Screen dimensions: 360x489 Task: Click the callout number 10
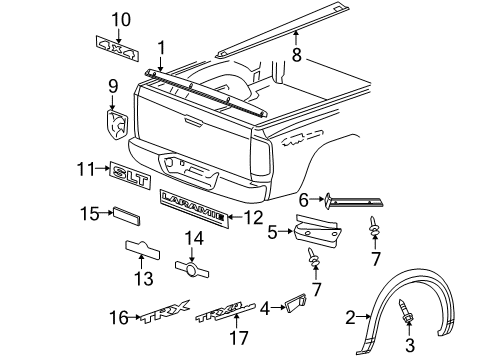point(121,19)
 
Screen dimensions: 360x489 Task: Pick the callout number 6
point(304,201)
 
